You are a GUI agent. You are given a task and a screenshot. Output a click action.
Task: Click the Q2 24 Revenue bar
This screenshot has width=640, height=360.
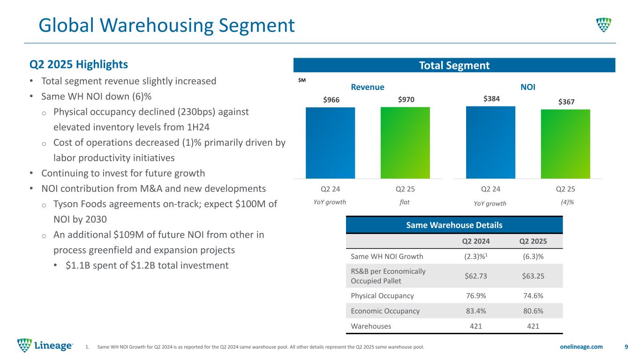(330, 143)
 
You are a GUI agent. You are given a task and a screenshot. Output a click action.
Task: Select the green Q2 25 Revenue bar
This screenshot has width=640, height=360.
(405, 143)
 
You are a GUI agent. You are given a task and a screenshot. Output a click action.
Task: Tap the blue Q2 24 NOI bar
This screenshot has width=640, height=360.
(490, 142)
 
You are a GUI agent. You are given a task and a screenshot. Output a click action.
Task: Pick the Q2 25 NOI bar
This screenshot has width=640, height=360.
(565, 144)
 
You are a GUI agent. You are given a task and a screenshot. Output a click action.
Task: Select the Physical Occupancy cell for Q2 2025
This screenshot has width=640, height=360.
(534, 295)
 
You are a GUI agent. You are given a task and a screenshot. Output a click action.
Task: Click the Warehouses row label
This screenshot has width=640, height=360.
(371, 326)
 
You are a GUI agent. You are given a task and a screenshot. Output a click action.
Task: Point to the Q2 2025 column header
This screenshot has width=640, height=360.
(534, 241)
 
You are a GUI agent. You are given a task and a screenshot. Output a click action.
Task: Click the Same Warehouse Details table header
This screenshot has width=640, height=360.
(454, 225)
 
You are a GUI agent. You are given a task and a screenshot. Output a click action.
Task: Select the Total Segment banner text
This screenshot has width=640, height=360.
(453, 65)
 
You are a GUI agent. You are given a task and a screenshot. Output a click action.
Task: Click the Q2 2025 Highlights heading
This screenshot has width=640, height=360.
(78, 63)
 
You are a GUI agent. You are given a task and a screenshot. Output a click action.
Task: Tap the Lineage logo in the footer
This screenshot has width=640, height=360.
(45, 346)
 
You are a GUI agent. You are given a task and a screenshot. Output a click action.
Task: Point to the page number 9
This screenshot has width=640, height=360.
(626, 346)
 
